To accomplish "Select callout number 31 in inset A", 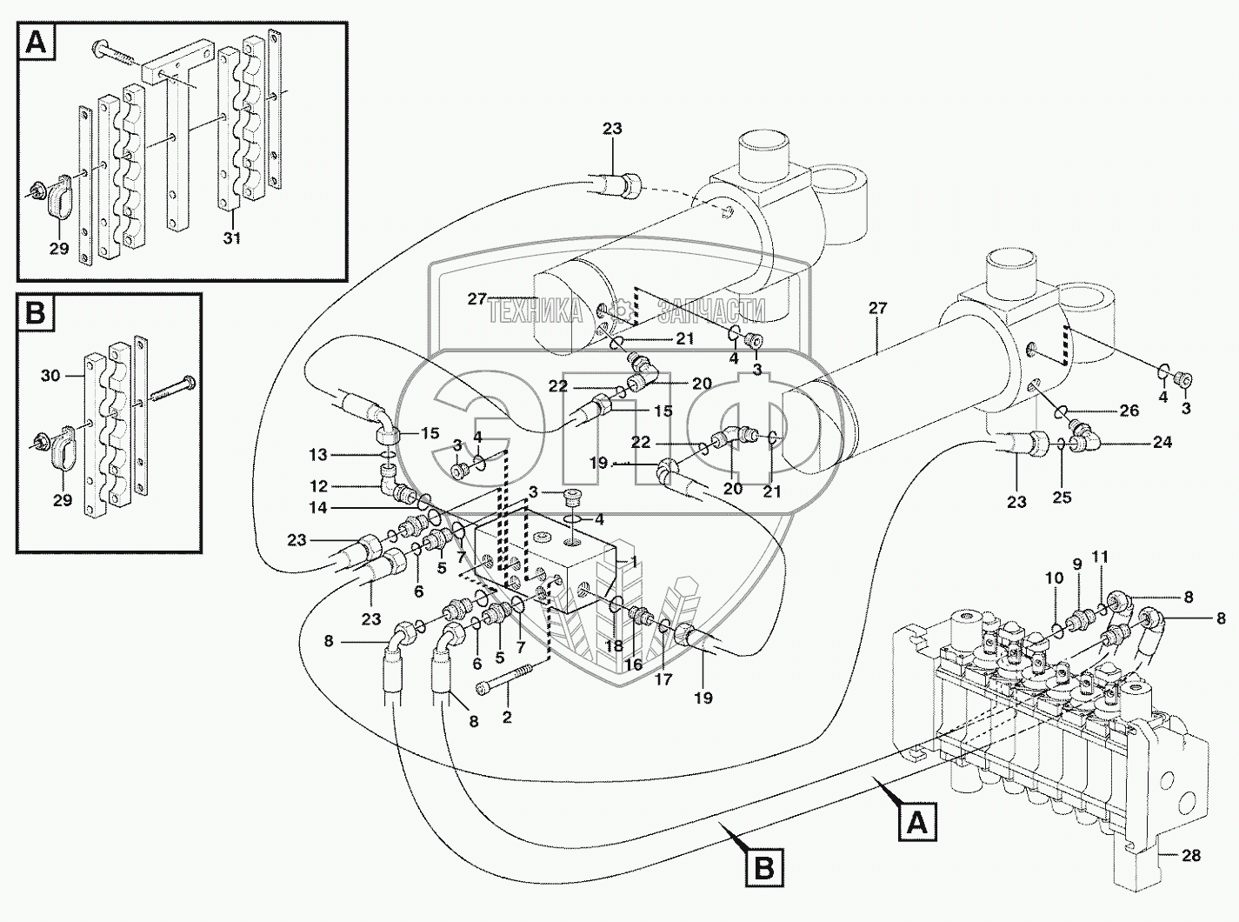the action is (x=232, y=238).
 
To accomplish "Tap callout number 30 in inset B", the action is (x=50, y=376).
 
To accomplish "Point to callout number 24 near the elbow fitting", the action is (x=1163, y=443).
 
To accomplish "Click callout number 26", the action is (x=1129, y=411).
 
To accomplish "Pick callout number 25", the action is (x=1062, y=497).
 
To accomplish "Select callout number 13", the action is (x=318, y=455).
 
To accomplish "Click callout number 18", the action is (x=614, y=646).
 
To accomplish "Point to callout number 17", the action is (x=663, y=679).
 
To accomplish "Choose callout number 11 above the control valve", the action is (x=1100, y=557).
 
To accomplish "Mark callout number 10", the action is (x=1054, y=578).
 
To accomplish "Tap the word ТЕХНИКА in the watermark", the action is (x=535, y=311).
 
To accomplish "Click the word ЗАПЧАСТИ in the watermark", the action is (x=711, y=311).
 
